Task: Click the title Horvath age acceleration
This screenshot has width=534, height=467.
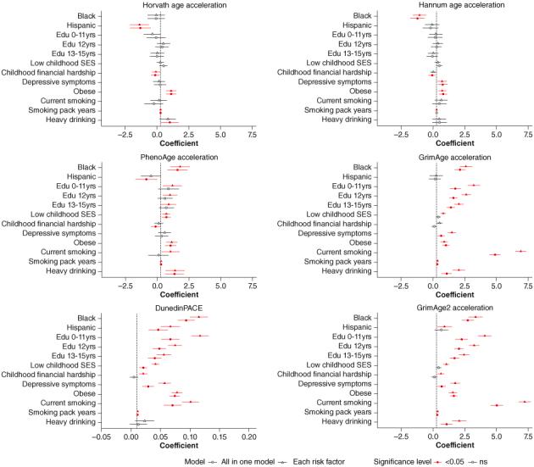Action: pos(180,5)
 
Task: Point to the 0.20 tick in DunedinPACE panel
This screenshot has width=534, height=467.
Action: pos(248,436)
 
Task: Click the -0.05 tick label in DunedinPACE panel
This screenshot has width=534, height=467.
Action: pos(101,436)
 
